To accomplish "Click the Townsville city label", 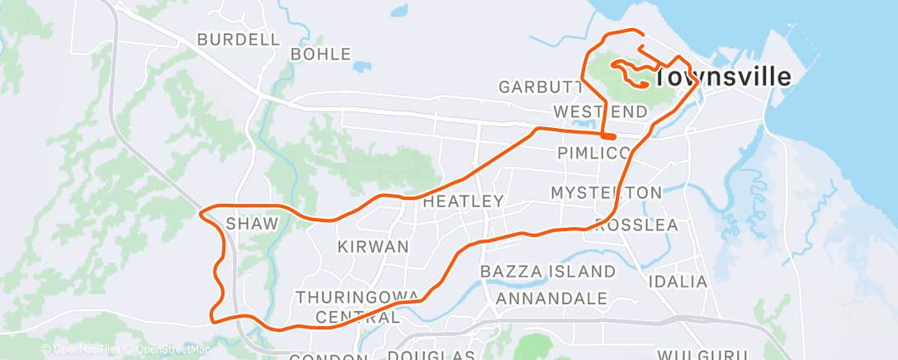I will coord(723,77).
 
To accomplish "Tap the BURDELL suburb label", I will coord(239,39).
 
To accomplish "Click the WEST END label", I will coord(601,111).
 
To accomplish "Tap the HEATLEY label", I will coord(463,201).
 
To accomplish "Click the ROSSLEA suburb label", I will coord(636,225).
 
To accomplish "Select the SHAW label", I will coord(248,222).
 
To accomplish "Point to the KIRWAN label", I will coord(374,246).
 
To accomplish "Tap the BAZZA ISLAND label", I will coord(548,272).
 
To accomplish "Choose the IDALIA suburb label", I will coord(678,282).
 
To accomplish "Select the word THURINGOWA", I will coord(348,297).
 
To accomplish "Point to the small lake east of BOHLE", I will coord(360,66).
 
